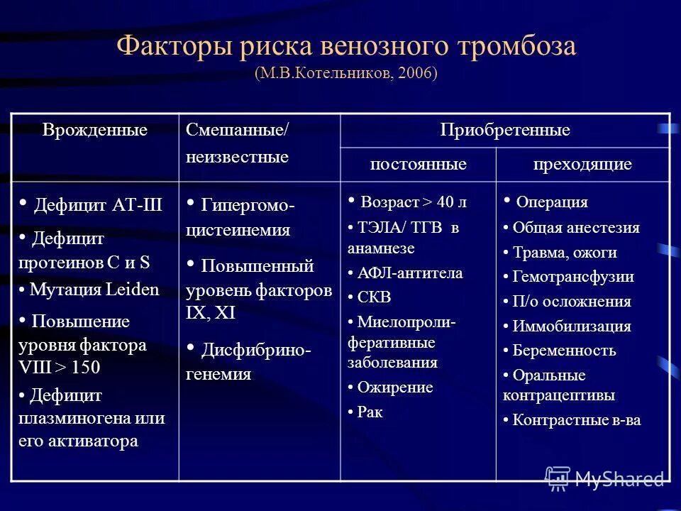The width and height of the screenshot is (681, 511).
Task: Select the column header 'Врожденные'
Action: pos(95,130)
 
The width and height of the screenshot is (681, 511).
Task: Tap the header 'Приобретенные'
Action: pos(505,131)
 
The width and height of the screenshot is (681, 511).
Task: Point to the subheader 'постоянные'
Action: pos(418,165)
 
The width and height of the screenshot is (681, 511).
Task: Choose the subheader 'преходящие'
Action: pos(582,165)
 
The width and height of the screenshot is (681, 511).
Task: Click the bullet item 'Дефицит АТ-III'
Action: pos(98,206)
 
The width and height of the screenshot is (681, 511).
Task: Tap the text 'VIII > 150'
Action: pos(60,367)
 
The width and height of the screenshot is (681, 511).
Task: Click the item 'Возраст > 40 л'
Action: pos(414,202)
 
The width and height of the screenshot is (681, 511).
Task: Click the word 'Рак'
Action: pos(370,412)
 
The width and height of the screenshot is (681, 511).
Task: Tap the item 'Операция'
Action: pos(552,202)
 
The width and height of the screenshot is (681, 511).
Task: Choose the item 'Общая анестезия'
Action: pos(576,228)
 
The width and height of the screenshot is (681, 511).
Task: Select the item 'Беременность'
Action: pos(564,351)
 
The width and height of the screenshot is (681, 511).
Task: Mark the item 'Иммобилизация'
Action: pos(572,326)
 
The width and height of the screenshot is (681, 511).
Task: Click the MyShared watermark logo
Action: pos(604,478)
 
